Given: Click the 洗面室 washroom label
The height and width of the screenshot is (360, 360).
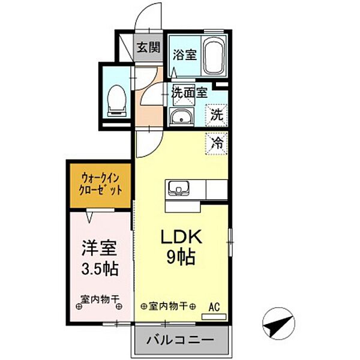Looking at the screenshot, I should tap(189, 92).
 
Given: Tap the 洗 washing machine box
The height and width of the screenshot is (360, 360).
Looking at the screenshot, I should tap(217, 113).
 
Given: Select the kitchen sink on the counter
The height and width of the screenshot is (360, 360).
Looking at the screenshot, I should tap(178, 189).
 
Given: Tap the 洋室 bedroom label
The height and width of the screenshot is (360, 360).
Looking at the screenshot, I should tap(99, 247).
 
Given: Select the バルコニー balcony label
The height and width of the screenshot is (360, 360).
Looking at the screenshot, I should tap(180, 340).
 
